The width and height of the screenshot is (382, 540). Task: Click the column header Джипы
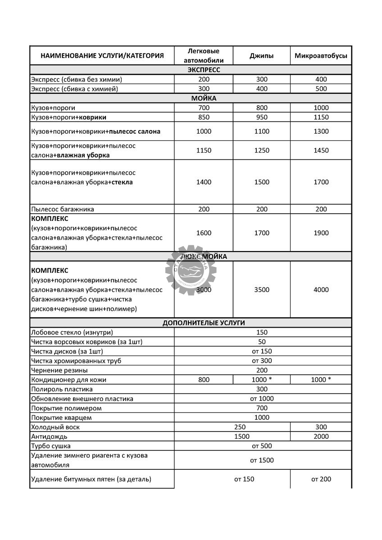262,56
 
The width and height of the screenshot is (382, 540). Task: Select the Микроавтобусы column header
321,56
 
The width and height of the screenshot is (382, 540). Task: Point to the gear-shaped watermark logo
191,270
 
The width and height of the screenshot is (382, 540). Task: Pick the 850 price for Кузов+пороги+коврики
204,117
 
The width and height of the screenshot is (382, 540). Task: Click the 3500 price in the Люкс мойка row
262,290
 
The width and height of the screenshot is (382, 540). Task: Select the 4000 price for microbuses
321,290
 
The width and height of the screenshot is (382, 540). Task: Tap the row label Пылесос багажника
63,209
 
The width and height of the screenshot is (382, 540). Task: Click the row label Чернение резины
59,370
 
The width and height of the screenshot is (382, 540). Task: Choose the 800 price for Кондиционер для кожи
204,380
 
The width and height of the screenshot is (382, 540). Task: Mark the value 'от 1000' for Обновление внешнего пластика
262,399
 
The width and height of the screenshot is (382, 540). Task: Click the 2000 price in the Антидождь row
321,436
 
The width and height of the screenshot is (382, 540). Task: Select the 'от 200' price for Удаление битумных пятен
321,479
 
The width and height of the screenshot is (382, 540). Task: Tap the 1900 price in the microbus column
321,233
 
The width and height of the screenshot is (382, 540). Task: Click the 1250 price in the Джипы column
262,150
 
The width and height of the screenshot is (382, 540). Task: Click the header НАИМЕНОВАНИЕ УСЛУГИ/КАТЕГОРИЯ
102,56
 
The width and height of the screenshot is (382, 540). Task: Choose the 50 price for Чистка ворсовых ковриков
262,342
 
